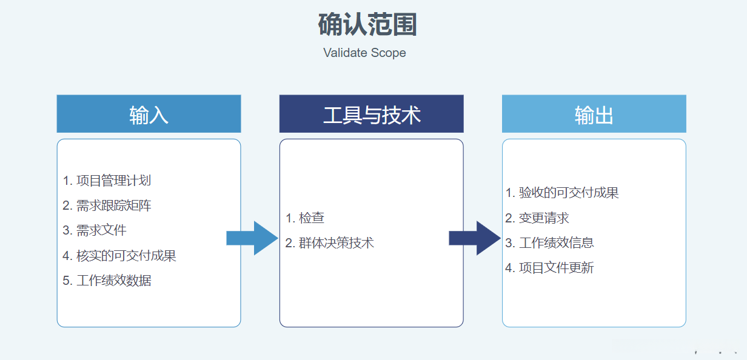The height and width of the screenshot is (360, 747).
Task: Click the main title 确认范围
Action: pyautogui.click(x=367, y=25)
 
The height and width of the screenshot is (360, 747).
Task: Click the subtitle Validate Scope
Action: pyautogui.click(x=364, y=53)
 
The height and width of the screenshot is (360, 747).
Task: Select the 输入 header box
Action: pyautogui.click(x=149, y=114)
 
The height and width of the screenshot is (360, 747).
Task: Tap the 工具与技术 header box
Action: pyautogui.click(x=371, y=114)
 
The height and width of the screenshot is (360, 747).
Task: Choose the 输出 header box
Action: pyautogui.click(x=594, y=114)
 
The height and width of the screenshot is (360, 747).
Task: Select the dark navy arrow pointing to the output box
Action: pyautogui.click(x=474, y=238)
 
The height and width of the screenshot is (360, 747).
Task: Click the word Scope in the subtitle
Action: pyautogui.click(x=389, y=53)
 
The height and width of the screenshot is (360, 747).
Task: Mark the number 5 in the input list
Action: pyautogui.click(x=66, y=281)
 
